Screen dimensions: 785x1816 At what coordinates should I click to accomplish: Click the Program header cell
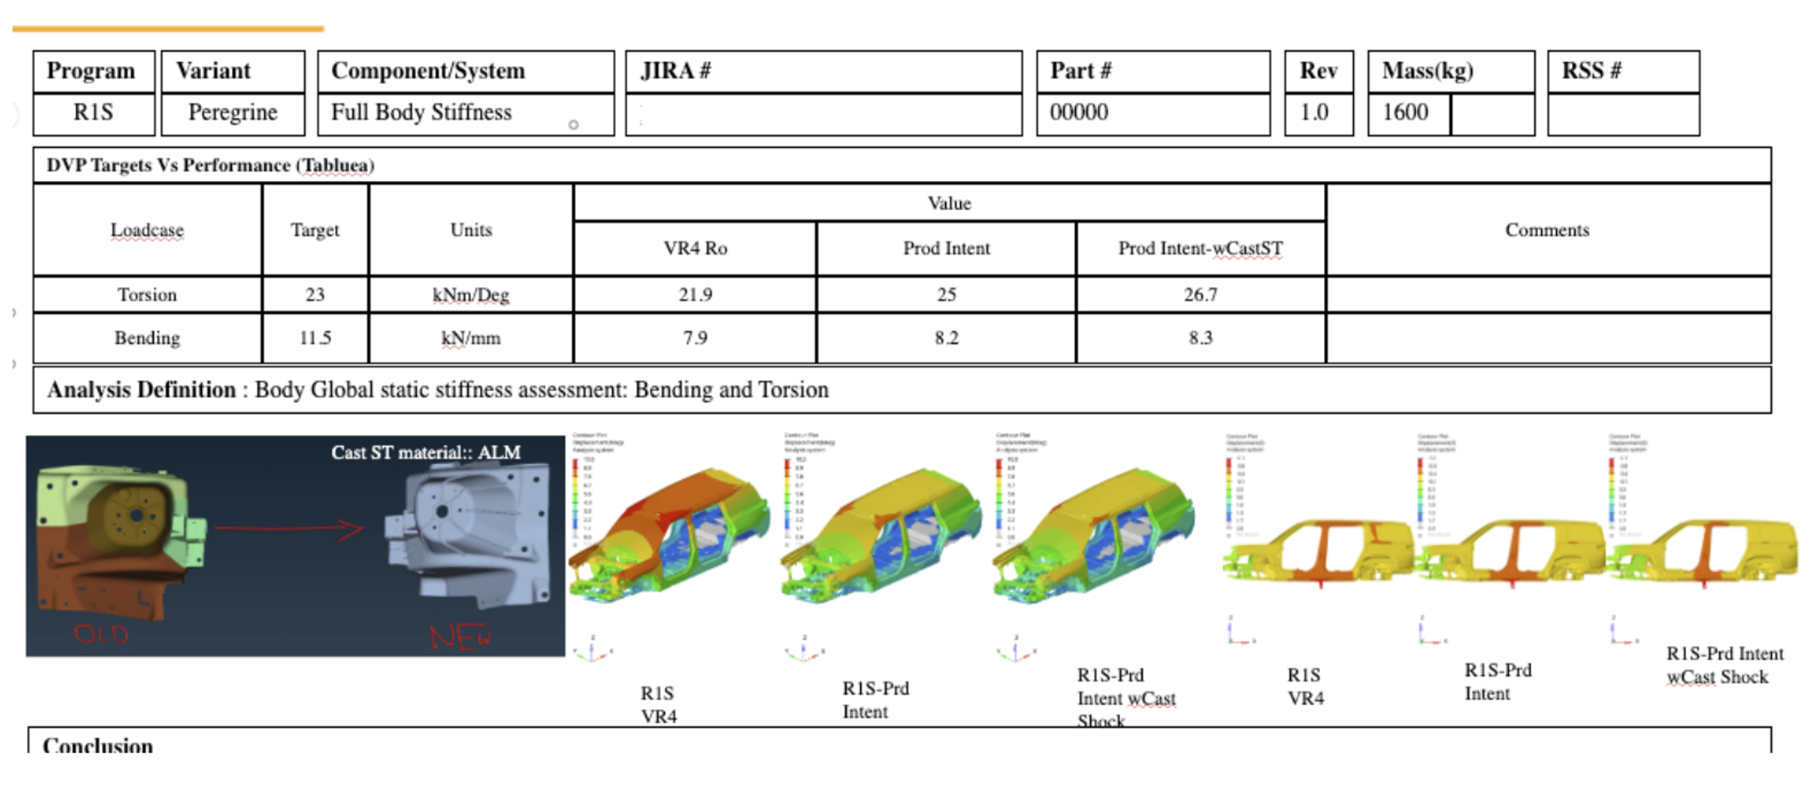(91, 71)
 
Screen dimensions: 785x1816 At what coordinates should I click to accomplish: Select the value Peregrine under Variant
(233, 112)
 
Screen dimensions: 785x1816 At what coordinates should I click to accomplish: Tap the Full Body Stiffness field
(422, 112)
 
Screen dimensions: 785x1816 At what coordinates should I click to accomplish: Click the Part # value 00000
(1079, 112)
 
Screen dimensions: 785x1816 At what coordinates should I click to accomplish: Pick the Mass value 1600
(1405, 112)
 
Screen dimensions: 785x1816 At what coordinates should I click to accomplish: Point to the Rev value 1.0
(1314, 112)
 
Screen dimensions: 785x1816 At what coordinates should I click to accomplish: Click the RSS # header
(1591, 71)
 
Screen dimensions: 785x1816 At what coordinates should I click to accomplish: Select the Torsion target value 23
(315, 295)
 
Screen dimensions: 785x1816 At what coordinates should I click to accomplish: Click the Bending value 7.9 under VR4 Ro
(695, 338)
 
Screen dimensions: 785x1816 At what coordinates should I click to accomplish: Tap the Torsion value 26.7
(1200, 295)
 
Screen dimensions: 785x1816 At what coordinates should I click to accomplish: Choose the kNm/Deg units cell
(471, 295)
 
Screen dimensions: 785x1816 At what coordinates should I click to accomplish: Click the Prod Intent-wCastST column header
(1200, 249)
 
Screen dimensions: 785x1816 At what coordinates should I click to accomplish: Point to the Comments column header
(1547, 230)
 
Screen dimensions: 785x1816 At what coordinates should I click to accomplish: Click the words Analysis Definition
(141, 390)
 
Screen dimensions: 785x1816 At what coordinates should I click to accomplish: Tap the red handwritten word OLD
(101, 634)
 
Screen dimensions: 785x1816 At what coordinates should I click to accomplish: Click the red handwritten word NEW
(460, 638)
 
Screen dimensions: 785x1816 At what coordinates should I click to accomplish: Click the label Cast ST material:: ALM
(426, 453)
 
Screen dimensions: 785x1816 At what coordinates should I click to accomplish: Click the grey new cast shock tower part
(469, 533)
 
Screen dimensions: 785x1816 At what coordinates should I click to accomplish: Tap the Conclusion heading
(98, 745)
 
